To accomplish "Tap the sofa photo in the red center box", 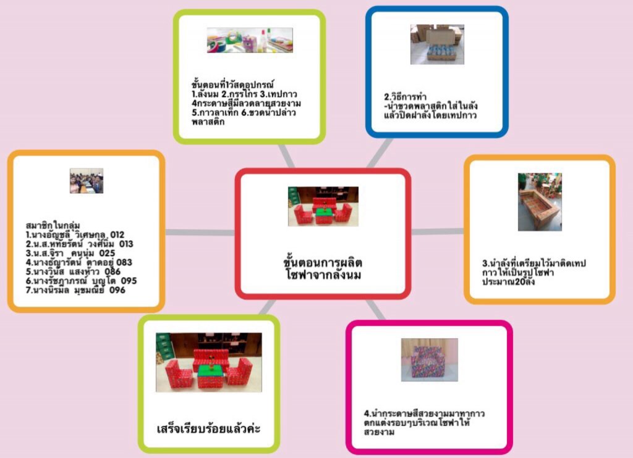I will click(x=323, y=206).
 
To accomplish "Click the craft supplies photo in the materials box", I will click(x=250, y=41).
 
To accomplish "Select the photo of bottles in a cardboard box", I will click(x=437, y=44).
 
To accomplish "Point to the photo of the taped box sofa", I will click(x=540, y=201).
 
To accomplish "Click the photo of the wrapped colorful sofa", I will click(x=429, y=359).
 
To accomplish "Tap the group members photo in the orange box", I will click(x=87, y=181).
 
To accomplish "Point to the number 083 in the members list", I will click(x=123, y=262).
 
